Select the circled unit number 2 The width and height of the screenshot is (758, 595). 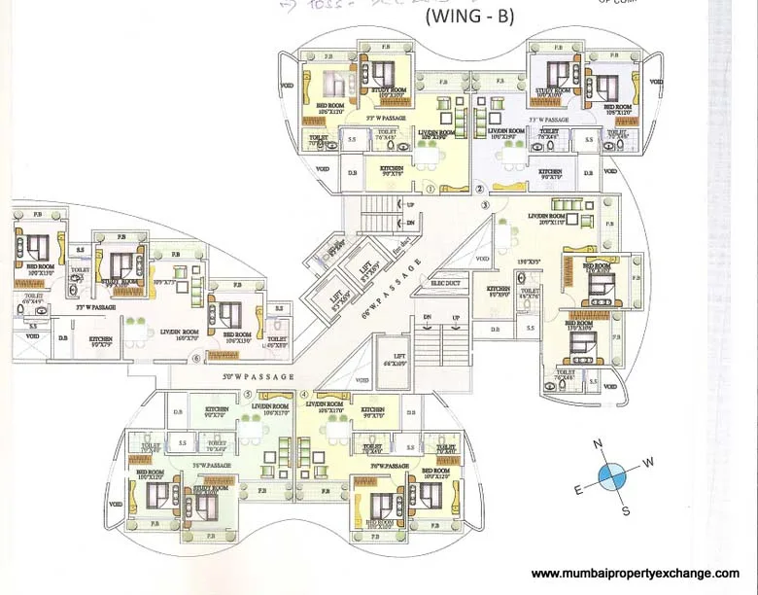click(479, 190)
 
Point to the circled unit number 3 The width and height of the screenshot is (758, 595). click(486, 206)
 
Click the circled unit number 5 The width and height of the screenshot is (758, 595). click(248, 395)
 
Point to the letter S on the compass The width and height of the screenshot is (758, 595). click(626, 510)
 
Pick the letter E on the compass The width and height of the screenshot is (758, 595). click(578, 490)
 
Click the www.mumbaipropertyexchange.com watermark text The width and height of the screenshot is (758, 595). click(636, 574)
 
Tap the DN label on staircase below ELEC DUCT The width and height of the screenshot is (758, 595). click(428, 318)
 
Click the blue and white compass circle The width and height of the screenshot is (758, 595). click(613, 477)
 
